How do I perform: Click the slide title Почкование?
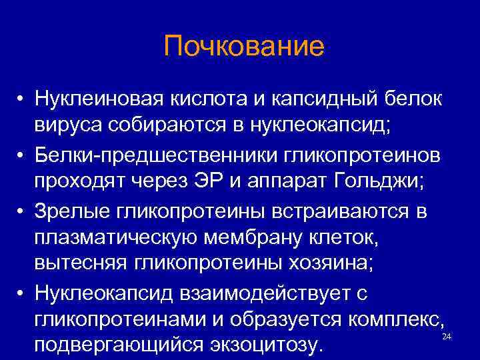click(243, 47)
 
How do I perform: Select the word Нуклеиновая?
click(99, 99)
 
